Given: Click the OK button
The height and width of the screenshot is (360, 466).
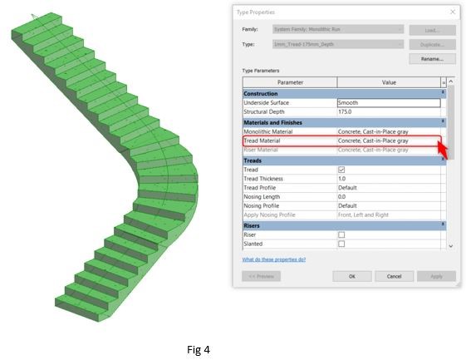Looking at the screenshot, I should [351, 276].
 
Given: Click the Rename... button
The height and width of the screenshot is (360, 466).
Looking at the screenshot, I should [432, 59].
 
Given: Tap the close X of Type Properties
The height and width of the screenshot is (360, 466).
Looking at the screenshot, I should [453, 12].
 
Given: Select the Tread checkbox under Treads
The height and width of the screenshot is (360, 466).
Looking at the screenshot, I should [341, 169].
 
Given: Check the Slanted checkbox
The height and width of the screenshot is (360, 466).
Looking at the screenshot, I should [341, 244].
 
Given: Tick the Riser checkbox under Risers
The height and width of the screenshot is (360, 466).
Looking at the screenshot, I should [341, 234].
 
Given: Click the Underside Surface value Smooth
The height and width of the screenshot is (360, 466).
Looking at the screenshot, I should [388, 102].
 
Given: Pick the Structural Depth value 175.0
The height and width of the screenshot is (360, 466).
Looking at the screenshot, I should [388, 111].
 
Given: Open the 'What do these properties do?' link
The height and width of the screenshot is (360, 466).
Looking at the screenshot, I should [273, 259].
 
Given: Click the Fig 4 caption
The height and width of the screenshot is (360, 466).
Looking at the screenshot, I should [198, 349].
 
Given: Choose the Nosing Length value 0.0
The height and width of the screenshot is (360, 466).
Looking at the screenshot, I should [388, 196].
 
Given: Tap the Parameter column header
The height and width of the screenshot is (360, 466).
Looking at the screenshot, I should [290, 82].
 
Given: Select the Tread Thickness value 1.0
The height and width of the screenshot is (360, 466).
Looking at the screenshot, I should [388, 178].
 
